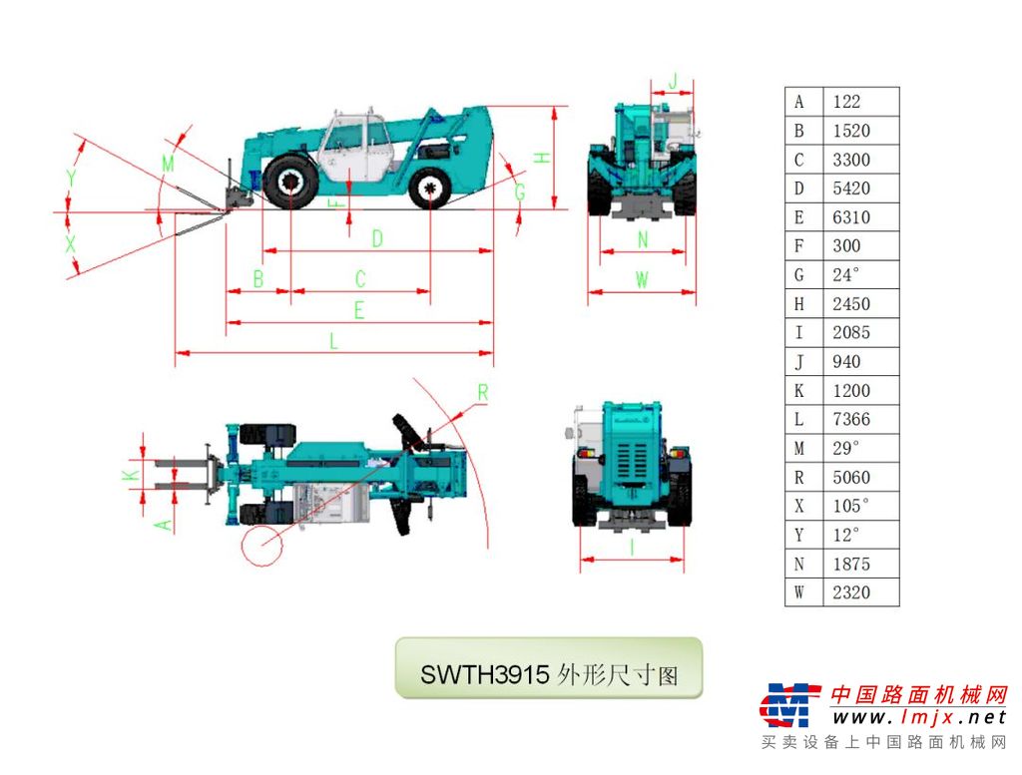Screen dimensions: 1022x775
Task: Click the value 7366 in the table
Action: pos(850,419)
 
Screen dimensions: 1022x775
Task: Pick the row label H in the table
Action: pos(799,304)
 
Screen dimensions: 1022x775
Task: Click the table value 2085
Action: pos(850,333)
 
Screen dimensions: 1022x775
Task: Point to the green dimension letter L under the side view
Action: pos(333,340)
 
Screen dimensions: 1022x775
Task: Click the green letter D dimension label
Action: pos(377,239)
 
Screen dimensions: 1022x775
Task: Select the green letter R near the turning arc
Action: pos(483,393)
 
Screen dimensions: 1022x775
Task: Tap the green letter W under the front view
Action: pos(642,280)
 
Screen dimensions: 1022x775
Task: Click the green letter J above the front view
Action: pos(674,82)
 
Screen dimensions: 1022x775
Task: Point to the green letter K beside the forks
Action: pos(131,475)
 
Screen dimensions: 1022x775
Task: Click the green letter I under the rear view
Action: pos(632,548)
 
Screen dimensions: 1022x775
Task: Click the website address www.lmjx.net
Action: pos(919,718)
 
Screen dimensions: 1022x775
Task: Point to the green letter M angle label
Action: pos(168,163)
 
